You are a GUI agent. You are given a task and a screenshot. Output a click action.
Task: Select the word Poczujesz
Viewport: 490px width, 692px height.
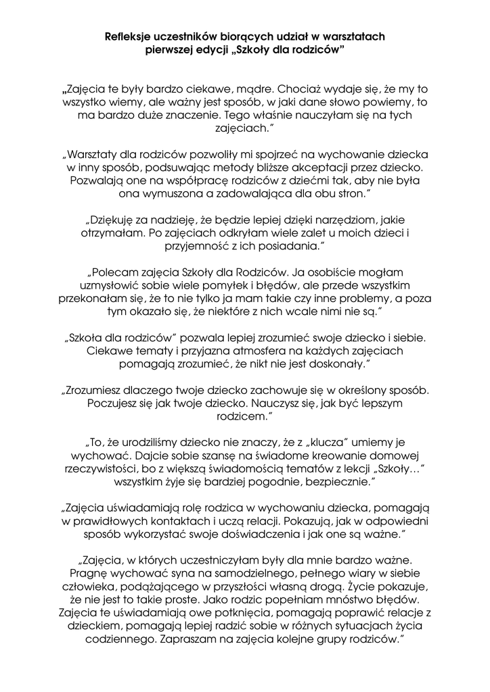click(114, 403)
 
